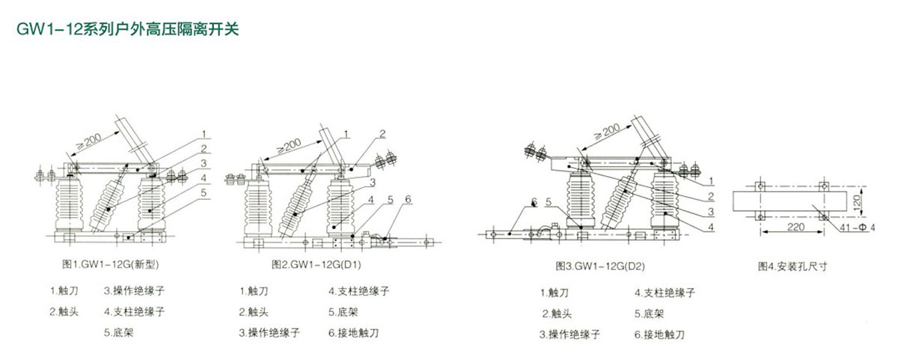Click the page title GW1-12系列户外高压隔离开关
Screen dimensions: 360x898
(123, 29)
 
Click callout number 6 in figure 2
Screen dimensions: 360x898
(409, 199)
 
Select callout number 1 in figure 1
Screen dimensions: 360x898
(203, 135)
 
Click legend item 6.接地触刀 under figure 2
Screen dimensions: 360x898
(353, 332)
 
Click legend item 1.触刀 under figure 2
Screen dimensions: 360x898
(254, 290)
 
